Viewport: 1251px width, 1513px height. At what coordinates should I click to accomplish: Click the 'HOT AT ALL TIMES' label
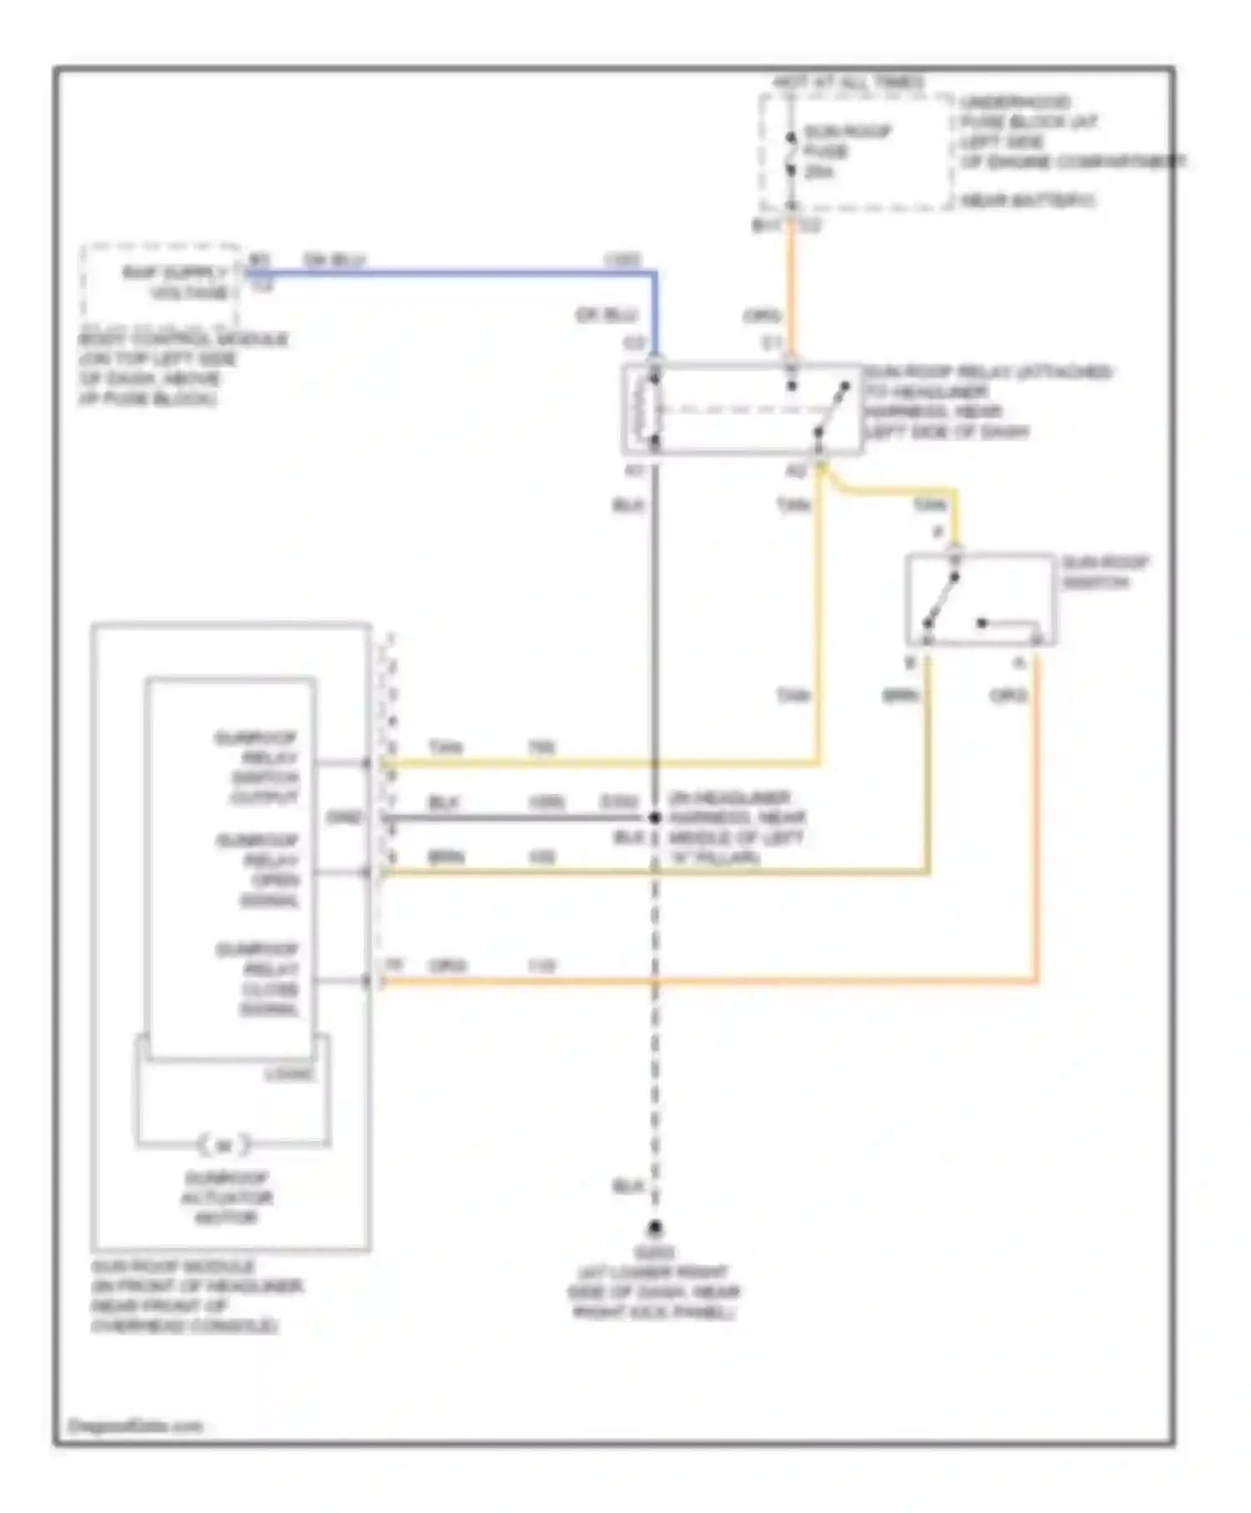848,83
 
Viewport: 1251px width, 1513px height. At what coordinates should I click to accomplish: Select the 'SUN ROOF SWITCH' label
1104,572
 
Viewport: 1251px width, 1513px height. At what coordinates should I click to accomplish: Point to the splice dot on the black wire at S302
655,818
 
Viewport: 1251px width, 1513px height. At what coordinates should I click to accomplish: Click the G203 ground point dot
656,1228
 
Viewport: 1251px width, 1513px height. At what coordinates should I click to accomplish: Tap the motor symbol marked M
224,1145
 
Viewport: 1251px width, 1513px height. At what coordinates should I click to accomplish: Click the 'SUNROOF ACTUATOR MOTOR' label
226,1198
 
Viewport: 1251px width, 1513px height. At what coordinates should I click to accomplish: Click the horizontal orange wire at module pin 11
709,982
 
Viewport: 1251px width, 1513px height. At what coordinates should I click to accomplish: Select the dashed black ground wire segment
655,1043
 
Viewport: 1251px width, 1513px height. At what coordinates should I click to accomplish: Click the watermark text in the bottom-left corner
135,1425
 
